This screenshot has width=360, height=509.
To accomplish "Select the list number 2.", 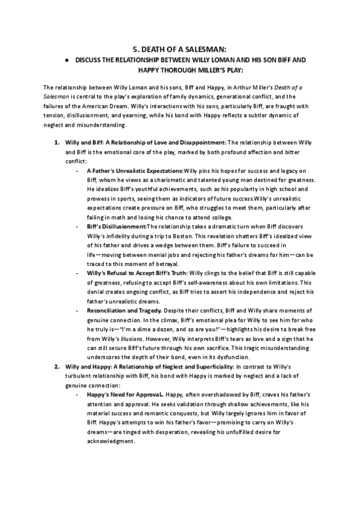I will tap(57, 365).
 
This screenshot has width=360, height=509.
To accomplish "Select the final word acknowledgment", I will tap(110, 442).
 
